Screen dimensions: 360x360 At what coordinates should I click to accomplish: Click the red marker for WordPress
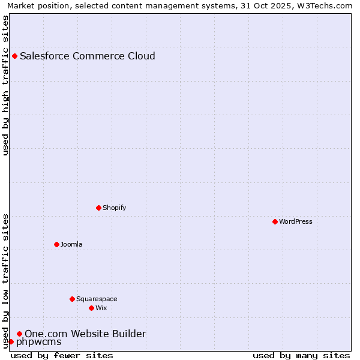tap(275, 221)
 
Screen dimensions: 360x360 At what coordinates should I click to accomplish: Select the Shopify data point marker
tap(98, 208)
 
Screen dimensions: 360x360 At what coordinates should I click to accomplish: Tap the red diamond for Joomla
tap(56, 244)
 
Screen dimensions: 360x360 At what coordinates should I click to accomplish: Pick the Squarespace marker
tap(72, 299)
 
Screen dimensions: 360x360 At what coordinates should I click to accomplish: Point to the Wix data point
tap(91, 308)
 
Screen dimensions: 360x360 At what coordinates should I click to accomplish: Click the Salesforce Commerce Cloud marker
tap(14, 56)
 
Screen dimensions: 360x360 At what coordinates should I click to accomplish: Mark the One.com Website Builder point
tap(19, 334)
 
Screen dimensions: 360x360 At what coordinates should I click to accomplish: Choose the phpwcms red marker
tap(11, 341)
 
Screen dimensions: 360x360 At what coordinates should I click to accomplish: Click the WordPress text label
tap(296, 221)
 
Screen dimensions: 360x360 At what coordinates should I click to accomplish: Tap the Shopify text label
tap(115, 208)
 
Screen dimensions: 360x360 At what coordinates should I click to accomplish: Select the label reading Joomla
tap(71, 244)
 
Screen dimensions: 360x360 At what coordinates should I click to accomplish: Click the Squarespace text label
tap(97, 299)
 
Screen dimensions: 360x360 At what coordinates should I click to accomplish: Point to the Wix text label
tap(101, 308)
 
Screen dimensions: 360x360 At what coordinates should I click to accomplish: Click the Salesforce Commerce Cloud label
tap(88, 56)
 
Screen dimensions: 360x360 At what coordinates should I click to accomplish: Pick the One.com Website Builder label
tap(85, 334)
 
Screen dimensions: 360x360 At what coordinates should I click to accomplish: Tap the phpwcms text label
tap(38, 342)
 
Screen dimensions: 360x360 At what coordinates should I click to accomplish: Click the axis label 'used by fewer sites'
tap(62, 355)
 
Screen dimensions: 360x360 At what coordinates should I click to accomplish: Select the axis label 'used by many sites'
tap(301, 355)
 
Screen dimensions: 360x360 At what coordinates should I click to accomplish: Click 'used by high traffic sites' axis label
tap(5, 85)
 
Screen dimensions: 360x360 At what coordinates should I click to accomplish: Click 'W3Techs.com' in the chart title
tap(327, 5)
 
